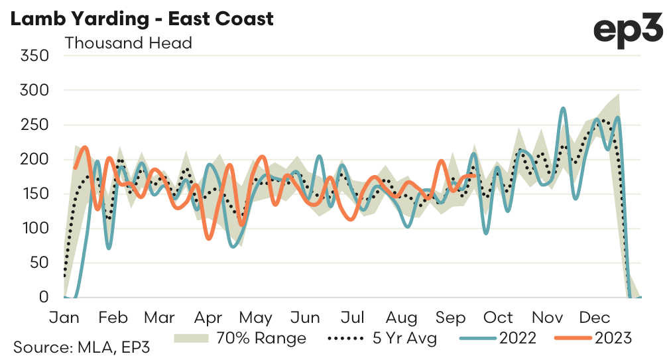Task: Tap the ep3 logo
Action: pyautogui.click(x=627, y=30)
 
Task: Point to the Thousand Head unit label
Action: pyautogui.click(x=128, y=43)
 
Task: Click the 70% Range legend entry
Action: pyautogui.click(x=240, y=338)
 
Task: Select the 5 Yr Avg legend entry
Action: pyautogui.click(x=383, y=338)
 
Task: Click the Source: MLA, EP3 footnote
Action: pyautogui.click(x=77, y=347)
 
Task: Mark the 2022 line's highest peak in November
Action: pyautogui.click(x=563, y=108)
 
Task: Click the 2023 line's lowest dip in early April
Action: pyautogui.click(x=210, y=239)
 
